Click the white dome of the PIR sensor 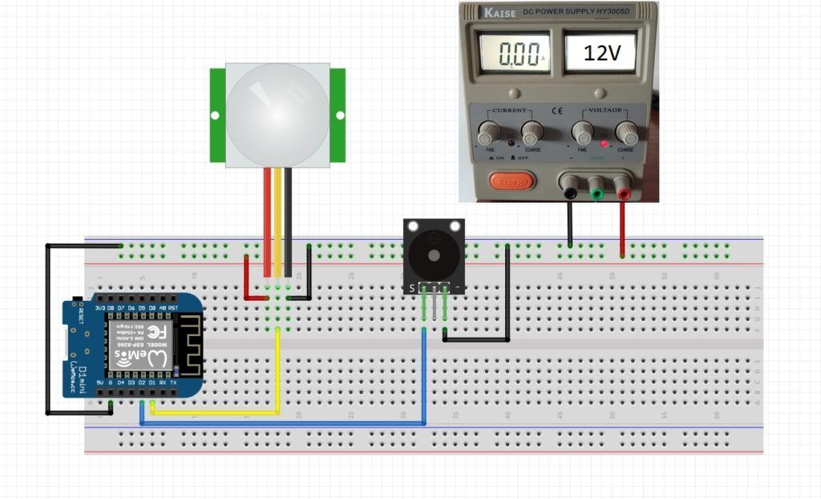[x=277, y=115]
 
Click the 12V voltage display [x=600, y=54]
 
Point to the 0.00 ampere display [x=514, y=54]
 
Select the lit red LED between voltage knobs [x=605, y=143]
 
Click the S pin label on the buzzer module [x=412, y=287]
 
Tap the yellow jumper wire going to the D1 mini [x=216, y=414]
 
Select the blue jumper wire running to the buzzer [x=281, y=423]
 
